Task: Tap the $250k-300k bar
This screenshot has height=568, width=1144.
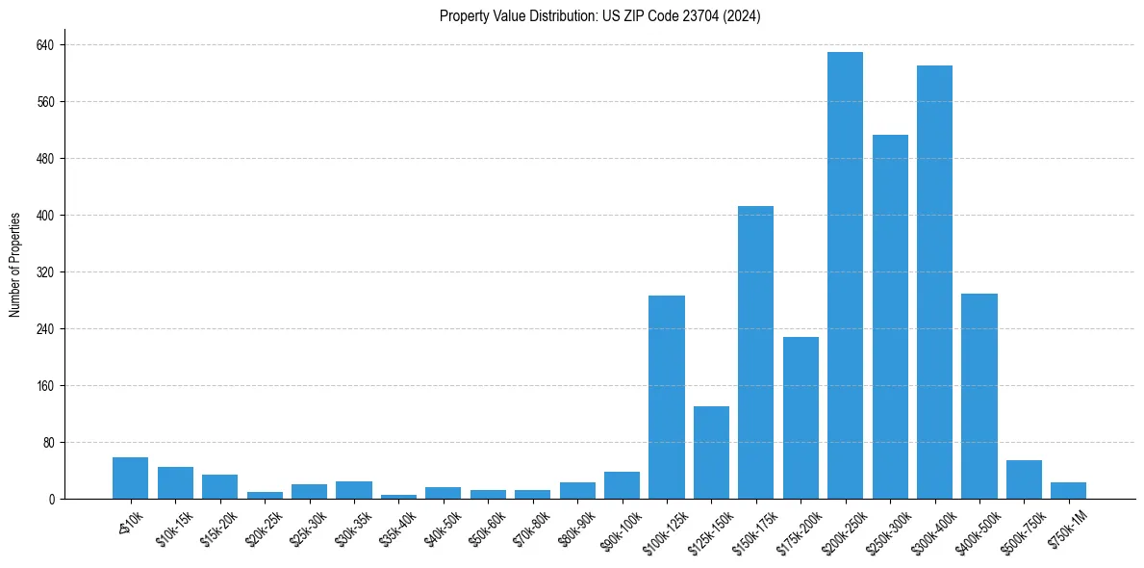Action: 890,317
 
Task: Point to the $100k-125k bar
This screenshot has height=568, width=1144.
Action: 666,397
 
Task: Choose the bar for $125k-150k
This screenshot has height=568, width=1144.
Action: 711,452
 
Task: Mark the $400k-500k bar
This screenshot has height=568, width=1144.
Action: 979,396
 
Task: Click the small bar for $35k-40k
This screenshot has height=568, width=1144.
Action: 398,497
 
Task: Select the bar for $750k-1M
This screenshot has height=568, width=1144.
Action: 1068,491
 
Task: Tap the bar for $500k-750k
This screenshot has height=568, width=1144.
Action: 1024,479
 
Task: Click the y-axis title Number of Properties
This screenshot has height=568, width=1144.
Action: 15,265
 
